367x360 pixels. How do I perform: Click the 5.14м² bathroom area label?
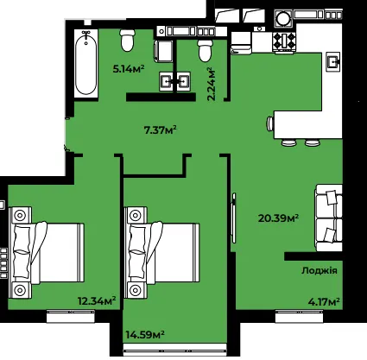point(129,69)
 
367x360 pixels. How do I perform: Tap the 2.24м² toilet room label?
point(212,84)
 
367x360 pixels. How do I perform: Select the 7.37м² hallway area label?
point(160,130)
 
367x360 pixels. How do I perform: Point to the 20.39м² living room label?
point(278,218)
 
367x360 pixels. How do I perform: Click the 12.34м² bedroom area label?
point(97,301)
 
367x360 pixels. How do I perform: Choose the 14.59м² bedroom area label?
point(145,335)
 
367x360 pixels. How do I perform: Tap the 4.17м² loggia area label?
point(324,302)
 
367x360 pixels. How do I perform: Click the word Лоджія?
point(320,270)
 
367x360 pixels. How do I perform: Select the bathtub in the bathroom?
point(85,63)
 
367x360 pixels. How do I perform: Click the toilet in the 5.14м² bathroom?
point(128,40)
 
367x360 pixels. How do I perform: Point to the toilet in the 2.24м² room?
point(205,51)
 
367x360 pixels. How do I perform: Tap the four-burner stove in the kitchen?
point(284,41)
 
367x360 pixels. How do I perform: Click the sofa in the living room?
point(329,218)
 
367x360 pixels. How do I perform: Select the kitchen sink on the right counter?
point(333,61)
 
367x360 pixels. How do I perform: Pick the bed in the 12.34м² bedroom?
point(47,252)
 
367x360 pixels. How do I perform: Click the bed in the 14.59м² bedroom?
point(161,252)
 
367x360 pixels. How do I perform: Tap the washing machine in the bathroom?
point(164,51)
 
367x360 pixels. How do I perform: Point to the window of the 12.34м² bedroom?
point(71,316)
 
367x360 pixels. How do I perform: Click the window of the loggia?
point(299,316)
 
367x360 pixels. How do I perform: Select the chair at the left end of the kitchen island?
point(270,124)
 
